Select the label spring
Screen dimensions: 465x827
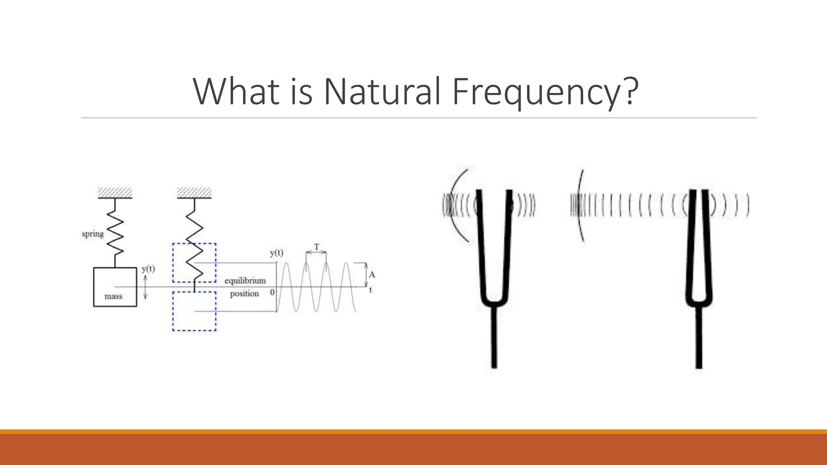tap(92, 234)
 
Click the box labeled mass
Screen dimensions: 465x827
tap(115, 287)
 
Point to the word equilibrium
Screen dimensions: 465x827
tap(245, 281)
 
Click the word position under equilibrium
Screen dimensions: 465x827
tap(244, 294)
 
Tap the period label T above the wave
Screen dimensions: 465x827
tap(317, 246)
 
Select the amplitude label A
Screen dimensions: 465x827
tap(372, 275)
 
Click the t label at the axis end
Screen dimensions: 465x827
tap(370, 290)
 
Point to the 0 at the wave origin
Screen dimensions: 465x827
tap(272, 292)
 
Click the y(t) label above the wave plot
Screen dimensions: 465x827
tap(277, 253)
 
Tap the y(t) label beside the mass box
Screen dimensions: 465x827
tap(148, 269)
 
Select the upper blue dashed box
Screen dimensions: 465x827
tap(194, 263)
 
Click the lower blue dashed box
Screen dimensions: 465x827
tap(194, 311)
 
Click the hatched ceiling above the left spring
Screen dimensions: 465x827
tap(115, 193)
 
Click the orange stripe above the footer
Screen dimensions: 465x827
tap(413, 431)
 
